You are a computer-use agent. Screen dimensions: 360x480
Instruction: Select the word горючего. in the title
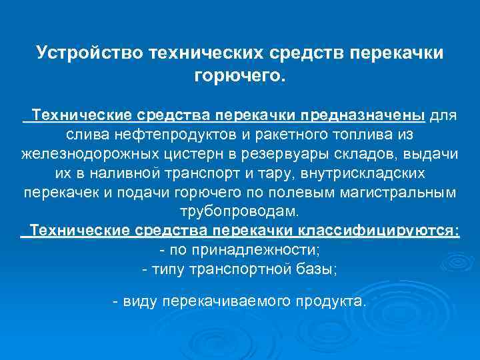[x=239, y=75]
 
